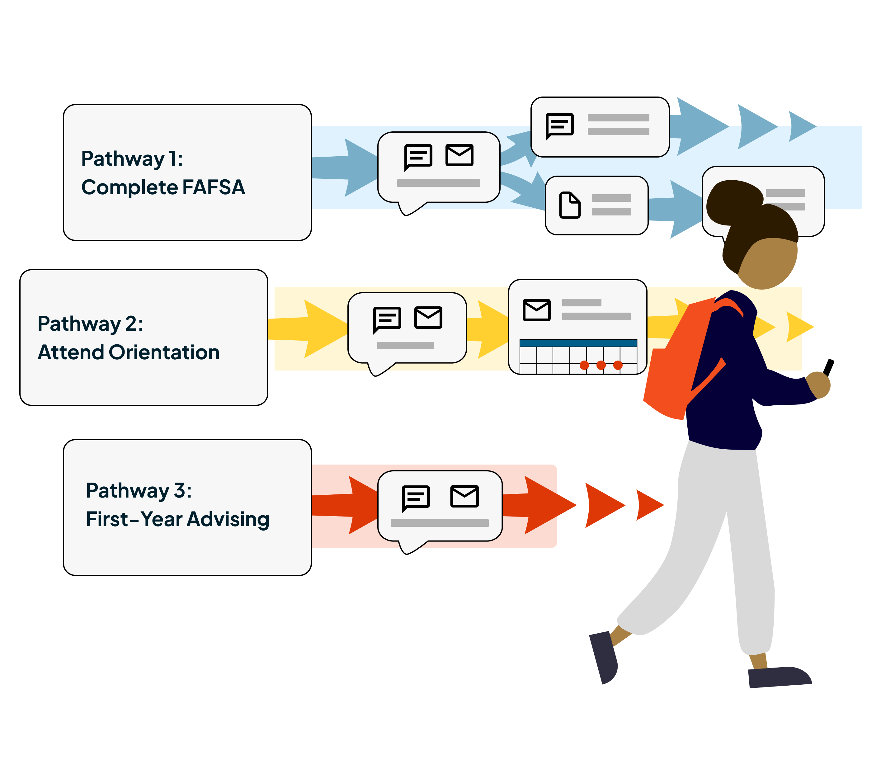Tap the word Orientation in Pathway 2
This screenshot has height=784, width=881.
point(164,352)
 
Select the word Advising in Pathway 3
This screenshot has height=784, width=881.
point(228,519)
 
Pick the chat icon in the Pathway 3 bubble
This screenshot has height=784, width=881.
point(416,498)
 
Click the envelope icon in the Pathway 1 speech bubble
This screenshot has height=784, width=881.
point(459,155)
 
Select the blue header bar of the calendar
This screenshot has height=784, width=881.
point(578,343)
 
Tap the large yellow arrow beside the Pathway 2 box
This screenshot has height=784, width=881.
point(310,329)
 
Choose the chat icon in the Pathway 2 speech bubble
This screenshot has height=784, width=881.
point(387,319)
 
